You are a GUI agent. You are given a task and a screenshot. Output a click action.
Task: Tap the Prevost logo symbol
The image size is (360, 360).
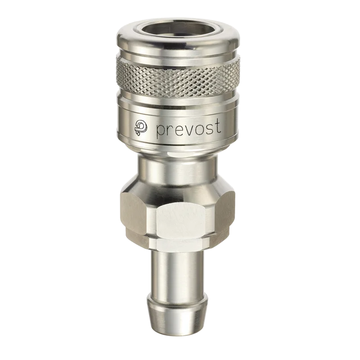coord(141,127)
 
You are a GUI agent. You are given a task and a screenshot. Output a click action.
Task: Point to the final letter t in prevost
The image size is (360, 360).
coord(218,126)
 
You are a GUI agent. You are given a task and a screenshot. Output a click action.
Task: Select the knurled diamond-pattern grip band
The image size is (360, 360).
coord(178,77)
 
